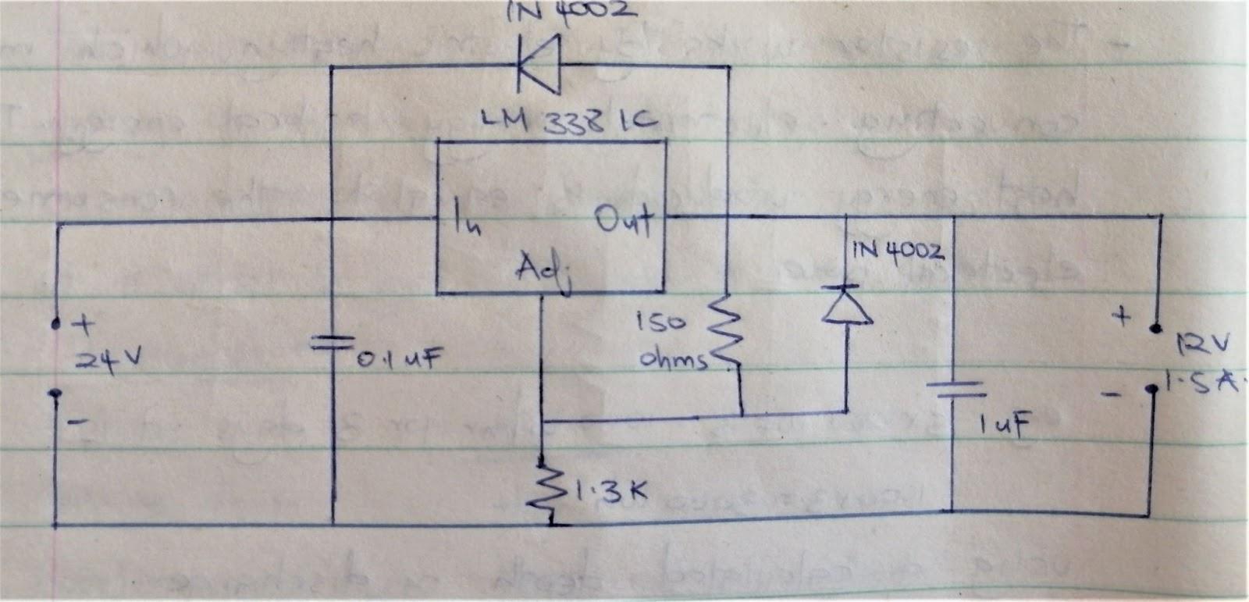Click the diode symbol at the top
tap(539, 68)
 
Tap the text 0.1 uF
tap(400, 360)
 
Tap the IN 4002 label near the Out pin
tap(898, 251)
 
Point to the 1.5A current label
tap(1202, 383)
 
